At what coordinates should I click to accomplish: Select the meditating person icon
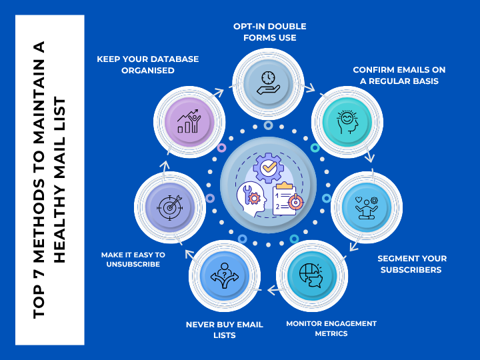(363, 207)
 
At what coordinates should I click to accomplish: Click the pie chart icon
(308, 276)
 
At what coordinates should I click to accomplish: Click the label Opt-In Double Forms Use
(269, 32)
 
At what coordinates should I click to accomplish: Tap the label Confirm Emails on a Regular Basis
(399, 75)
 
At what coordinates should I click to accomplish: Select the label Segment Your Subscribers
(412, 264)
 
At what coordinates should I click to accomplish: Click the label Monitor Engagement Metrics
(331, 328)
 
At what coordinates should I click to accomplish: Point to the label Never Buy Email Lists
(224, 330)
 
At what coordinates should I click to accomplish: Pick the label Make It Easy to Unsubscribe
(133, 259)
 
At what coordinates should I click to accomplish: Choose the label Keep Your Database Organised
(147, 64)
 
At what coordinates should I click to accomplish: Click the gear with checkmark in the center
(268, 168)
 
